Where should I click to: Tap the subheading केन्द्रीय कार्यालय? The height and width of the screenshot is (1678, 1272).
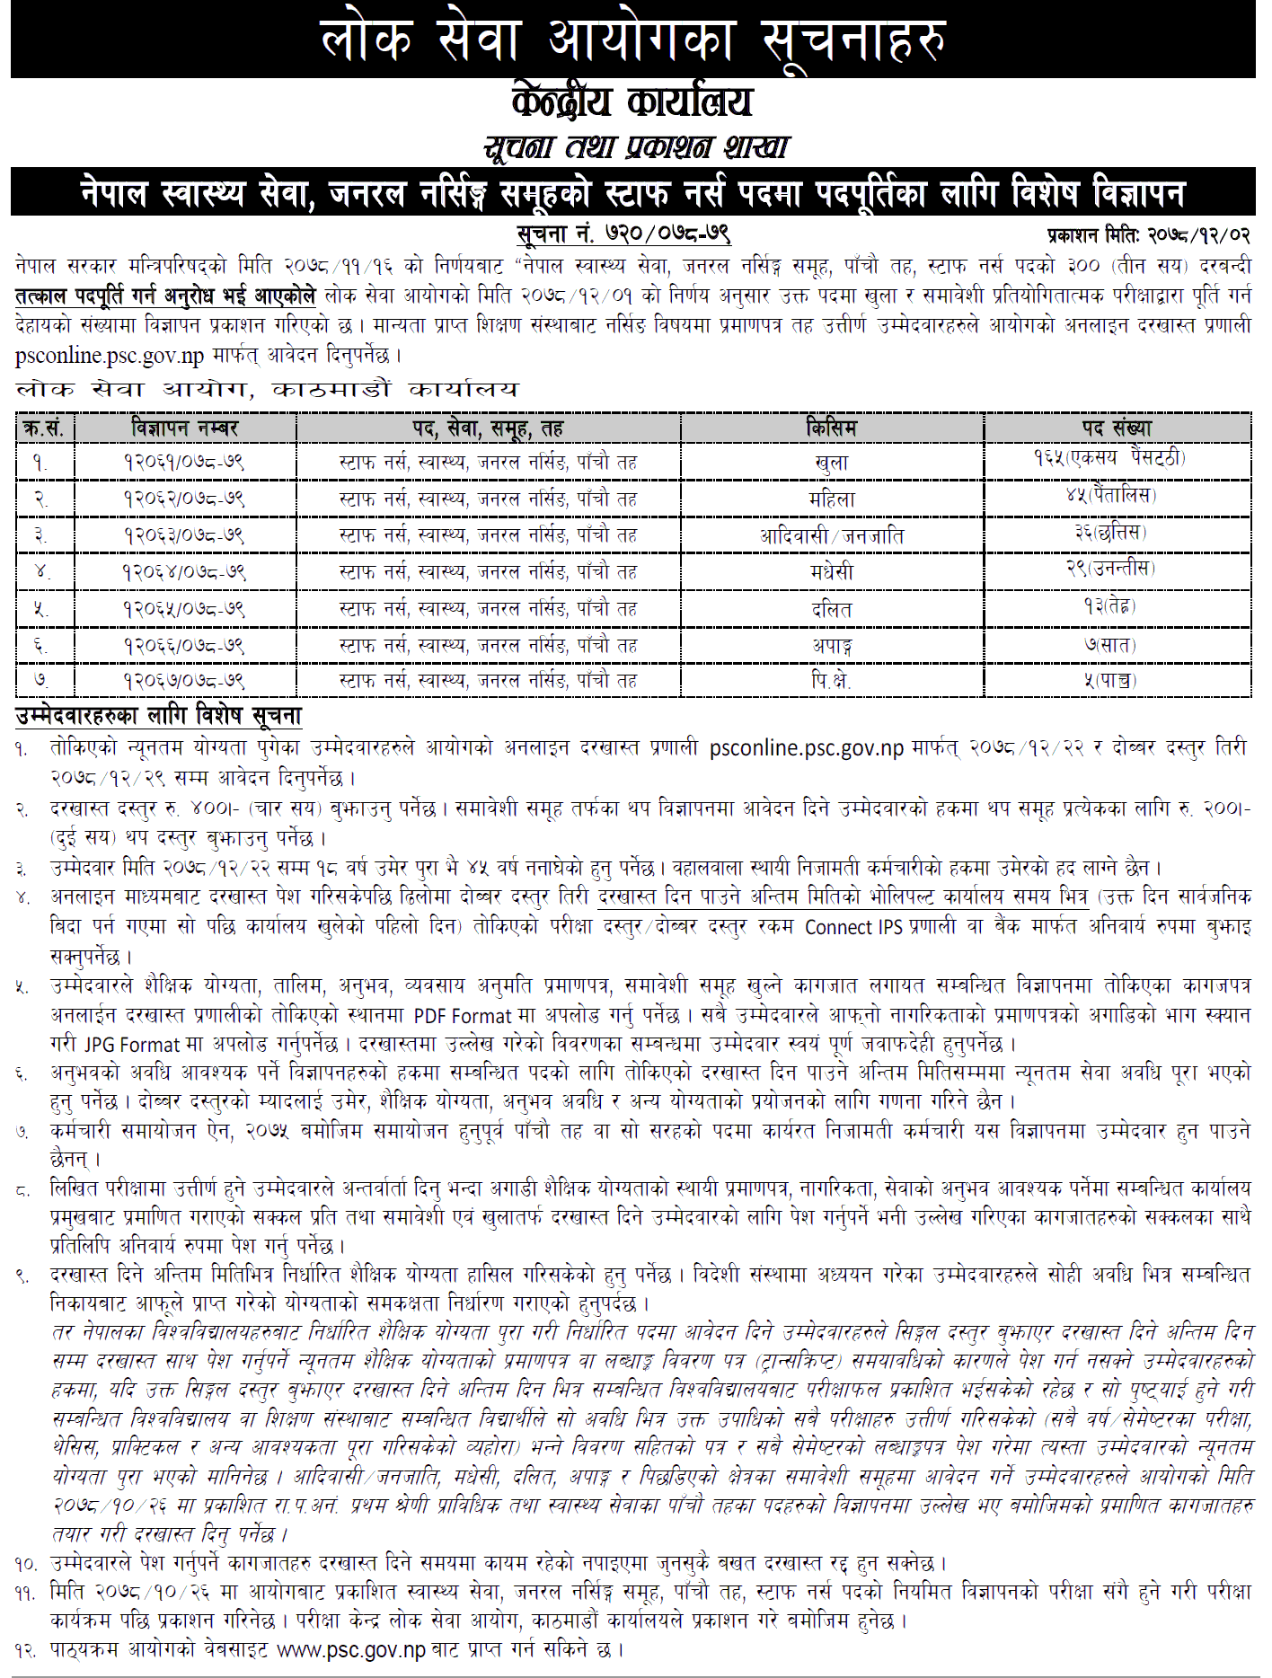(632, 102)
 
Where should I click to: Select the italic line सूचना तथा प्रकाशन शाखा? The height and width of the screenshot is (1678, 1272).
(636, 146)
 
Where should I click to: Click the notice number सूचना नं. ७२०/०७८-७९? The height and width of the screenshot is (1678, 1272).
(623, 234)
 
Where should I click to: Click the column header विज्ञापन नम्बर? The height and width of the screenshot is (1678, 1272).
(184, 428)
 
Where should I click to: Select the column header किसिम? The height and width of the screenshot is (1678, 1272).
(831, 428)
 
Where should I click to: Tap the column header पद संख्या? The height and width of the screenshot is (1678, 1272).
(1117, 428)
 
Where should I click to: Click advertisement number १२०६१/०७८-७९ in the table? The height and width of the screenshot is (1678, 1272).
(184, 463)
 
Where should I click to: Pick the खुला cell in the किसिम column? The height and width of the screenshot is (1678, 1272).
(831, 464)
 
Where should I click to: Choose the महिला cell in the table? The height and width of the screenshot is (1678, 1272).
(831, 499)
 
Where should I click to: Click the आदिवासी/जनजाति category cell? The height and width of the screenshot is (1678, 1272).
(831, 536)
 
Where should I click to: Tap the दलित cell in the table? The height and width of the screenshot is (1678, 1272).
(831, 609)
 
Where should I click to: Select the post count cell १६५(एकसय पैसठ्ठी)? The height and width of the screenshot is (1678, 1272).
(1109, 458)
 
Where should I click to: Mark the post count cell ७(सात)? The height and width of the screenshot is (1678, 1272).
(1109, 645)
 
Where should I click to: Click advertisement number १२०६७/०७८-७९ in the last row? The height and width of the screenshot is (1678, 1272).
(184, 681)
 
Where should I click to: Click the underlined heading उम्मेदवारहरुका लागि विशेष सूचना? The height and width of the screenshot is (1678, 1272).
(159, 716)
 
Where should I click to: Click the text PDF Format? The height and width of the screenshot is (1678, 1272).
(462, 1016)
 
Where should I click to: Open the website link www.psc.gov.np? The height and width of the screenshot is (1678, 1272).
(351, 1650)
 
